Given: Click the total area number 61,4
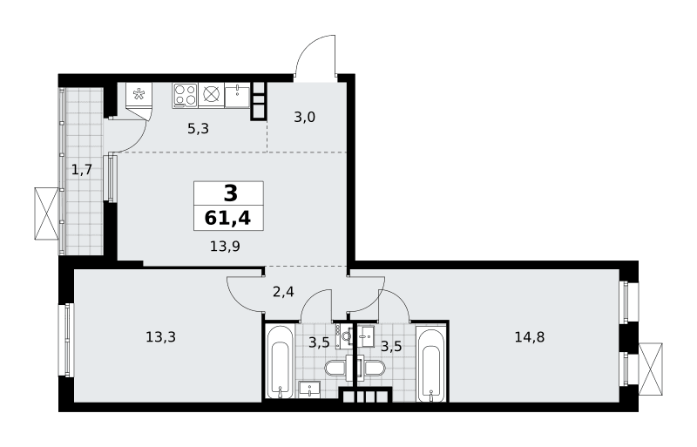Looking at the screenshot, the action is [x=227, y=219].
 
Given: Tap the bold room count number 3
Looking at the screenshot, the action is [x=231, y=193].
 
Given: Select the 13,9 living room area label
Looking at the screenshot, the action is [x=225, y=246].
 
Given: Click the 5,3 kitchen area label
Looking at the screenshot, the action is [x=198, y=129].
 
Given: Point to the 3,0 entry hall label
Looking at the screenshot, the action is [x=304, y=118].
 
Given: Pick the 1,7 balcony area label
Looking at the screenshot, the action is [x=82, y=169].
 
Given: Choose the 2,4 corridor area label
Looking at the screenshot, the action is [x=283, y=292].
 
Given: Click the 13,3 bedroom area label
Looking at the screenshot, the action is [x=160, y=337].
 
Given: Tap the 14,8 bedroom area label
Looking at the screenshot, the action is [x=530, y=337].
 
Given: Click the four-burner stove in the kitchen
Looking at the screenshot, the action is [x=185, y=95].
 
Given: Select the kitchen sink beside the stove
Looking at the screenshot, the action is [x=237, y=95].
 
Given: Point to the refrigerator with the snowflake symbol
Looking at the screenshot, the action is [x=139, y=94].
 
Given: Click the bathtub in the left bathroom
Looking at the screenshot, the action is [x=280, y=362].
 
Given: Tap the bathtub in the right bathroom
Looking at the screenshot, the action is [x=431, y=365].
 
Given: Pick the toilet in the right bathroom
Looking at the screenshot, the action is [x=371, y=369].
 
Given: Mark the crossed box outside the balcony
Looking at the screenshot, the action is [x=46, y=213].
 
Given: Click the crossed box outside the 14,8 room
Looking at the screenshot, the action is [x=650, y=369].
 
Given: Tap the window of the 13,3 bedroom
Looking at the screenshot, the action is [x=67, y=340].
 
